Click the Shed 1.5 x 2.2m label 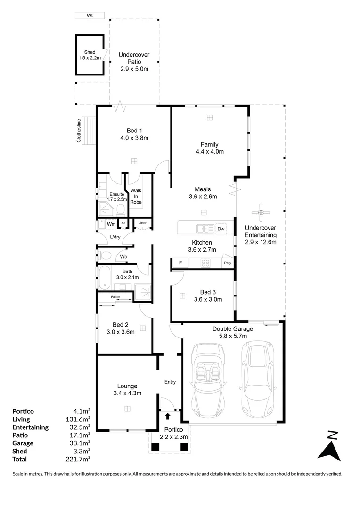90,55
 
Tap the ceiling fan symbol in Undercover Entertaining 261,213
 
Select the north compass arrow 330,446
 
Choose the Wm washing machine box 111,224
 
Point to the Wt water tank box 90,16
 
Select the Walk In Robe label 136,196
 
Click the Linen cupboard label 142,223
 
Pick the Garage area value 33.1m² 81,443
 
